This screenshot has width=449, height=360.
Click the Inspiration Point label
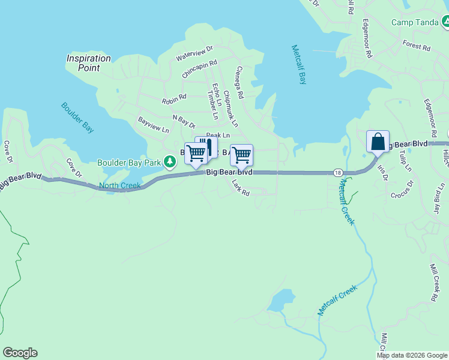pyautogui.click(x=89, y=63)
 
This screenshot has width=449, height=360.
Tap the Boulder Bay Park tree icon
pyautogui.click(x=170, y=161)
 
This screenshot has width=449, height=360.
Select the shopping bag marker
pyautogui.click(x=378, y=142)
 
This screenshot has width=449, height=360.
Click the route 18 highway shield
pyautogui.click(x=339, y=173)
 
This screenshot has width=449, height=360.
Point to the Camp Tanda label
pyautogui.click(x=415, y=23)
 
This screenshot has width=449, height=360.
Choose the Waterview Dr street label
pyautogui.click(x=194, y=53)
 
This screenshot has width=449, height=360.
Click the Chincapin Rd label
pyautogui.click(x=199, y=69)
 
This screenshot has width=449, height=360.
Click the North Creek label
pyautogui.click(x=119, y=185)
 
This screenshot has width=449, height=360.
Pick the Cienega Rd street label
pyautogui.click(x=240, y=83)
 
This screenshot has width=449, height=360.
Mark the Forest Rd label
pyautogui.click(x=417, y=46)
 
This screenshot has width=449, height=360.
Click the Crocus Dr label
pyautogui.click(x=402, y=189)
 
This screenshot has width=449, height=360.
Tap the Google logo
pyautogui.click(x=20, y=353)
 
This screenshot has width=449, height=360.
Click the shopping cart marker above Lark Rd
pyautogui.click(x=241, y=155)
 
